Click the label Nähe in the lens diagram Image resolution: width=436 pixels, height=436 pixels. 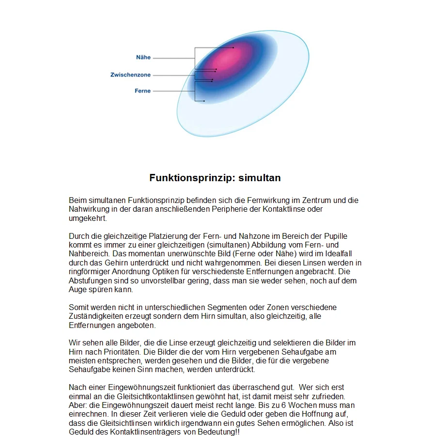tap(143, 57)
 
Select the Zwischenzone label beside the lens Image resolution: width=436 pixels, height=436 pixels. tap(130, 75)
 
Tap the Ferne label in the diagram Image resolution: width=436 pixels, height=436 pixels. tap(142, 91)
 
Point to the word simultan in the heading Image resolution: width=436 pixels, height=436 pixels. tap(263, 178)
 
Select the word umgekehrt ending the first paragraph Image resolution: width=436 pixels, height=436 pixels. tap(87, 218)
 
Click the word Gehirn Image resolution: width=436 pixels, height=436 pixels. tap(115, 263)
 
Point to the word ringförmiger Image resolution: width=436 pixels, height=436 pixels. tap(90, 272)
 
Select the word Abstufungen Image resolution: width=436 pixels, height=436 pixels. tap(89, 280)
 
